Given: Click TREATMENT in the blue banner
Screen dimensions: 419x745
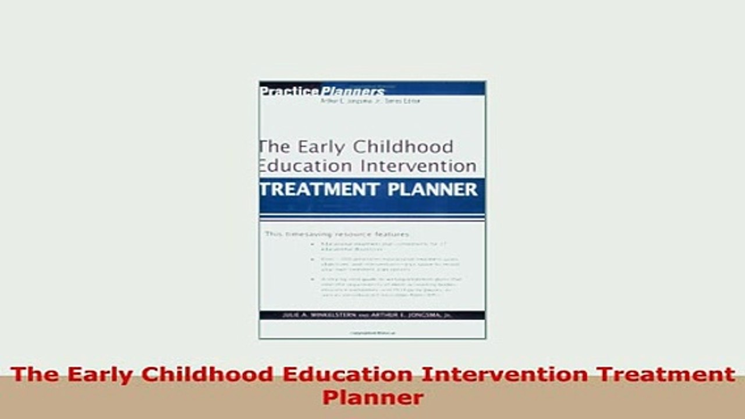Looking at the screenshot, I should pos(315,189).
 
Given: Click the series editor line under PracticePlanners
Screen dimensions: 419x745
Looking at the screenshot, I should pos(370,101).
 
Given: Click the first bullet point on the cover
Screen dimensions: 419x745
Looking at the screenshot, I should pos(385,246).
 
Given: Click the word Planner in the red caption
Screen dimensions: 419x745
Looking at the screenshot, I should pos(372,398).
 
